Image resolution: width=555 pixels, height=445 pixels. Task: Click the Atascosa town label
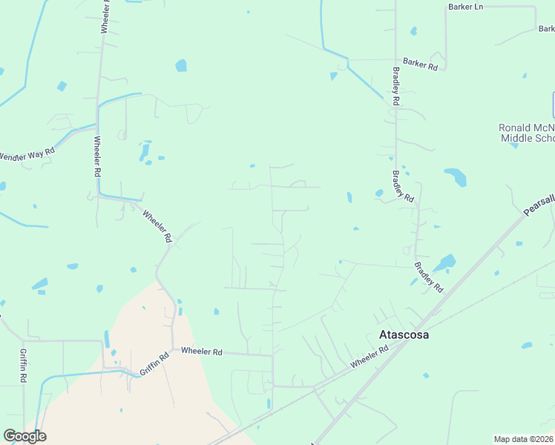(x=404, y=334)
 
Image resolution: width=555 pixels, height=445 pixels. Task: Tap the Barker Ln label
(x=465, y=7)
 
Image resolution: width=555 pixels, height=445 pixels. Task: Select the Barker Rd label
(x=421, y=65)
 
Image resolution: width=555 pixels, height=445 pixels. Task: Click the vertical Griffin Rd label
(x=23, y=366)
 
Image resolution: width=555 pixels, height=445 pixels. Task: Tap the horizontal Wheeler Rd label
(x=202, y=351)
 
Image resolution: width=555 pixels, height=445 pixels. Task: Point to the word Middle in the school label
(x=516, y=139)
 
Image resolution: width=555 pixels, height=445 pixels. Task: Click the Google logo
(x=24, y=436)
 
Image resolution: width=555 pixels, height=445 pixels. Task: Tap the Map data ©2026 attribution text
(x=524, y=438)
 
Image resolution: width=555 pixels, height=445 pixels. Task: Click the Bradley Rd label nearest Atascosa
(x=428, y=277)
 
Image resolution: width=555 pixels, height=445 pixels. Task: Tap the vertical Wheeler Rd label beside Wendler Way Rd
(x=96, y=156)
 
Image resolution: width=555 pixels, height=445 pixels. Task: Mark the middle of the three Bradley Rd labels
(x=402, y=186)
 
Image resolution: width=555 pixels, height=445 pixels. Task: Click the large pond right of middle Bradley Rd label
(x=456, y=177)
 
